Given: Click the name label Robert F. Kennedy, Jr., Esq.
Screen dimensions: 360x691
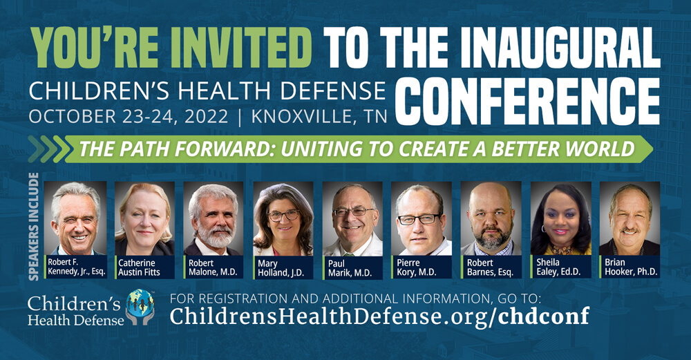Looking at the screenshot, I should [x=76, y=267].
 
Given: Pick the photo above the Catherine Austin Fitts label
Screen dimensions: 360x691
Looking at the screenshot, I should [x=144, y=218].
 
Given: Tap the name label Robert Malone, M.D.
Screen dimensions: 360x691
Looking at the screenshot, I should [x=214, y=267].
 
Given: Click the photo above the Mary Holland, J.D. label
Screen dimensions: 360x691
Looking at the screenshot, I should [x=283, y=218].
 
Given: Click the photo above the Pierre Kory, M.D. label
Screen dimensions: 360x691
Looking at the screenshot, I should [x=422, y=218].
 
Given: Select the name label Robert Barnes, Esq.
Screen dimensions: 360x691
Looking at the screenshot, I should [x=491, y=267].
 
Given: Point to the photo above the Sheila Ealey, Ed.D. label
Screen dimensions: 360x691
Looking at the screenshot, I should [x=560, y=218].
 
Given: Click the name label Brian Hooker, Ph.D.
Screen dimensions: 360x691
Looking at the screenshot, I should [x=629, y=267].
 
